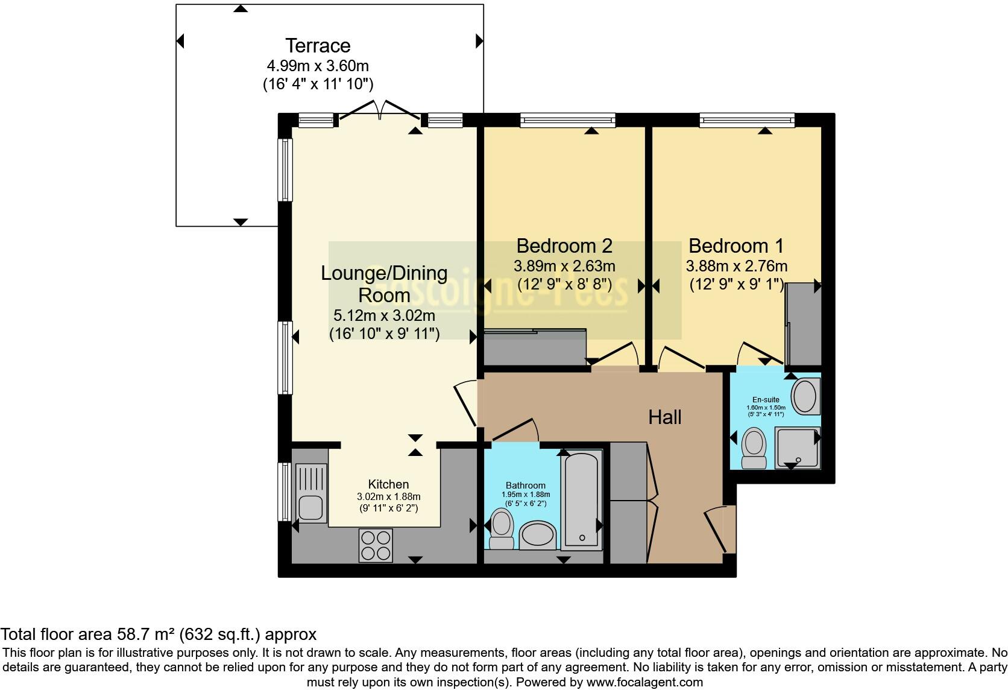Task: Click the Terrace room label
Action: pyautogui.click(x=318, y=46)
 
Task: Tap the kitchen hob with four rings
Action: pyautogui.click(x=376, y=545)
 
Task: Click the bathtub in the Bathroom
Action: pyautogui.click(x=581, y=499)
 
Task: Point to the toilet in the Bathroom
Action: pyautogui.click(x=501, y=528)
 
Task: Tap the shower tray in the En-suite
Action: pyautogui.click(x=797, y=448)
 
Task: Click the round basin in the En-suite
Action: pyautogui.click(x=804, y=396)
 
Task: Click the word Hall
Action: pyautogui.click(x=664, y=417)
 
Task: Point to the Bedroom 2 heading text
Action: pyautogui.click(x=564, y=246)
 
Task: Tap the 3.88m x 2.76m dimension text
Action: pyautogui.click(x=736, y=266)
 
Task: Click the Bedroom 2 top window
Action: pyautogui.click(x=567, y=120)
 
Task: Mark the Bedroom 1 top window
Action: pyautogui.click(x=746, y=120)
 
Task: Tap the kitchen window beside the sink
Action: pyautogui.click(x=285, y=492)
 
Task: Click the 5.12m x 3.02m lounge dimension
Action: pyautogui.click(x=384, y=315)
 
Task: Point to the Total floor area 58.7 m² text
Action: pyautogui.click(x=158, y=635)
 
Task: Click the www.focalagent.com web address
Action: pyautogui.click(x=644, y=682)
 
